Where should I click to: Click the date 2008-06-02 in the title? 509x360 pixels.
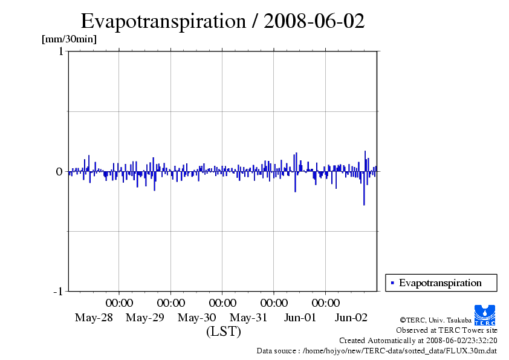click(x=314, y=21)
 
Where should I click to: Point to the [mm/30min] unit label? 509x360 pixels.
click(x=69, y=39)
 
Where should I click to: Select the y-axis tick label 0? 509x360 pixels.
click(x=59, y=172)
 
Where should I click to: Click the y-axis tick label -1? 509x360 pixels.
click(x=58, y=292)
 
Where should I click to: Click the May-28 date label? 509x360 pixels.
click(x=94, y=318)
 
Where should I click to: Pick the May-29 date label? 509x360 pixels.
click(x=145, y=318)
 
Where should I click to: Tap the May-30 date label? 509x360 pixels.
click(x=196, y=318)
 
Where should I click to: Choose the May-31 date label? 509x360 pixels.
click(x=248, y=318)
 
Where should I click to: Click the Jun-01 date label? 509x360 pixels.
click(x=300, y=318)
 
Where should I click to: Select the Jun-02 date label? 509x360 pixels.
click(x=351, y=318)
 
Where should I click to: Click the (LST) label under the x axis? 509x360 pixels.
click(x=224, y=332)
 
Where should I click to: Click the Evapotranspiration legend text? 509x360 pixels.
click(x=440, y=283)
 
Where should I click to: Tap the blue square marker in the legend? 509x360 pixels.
click(x=392, y=283)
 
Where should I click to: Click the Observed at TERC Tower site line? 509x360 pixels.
click(x=447, y=330)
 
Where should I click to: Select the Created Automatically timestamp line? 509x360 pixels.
click(x=418, y=341)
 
